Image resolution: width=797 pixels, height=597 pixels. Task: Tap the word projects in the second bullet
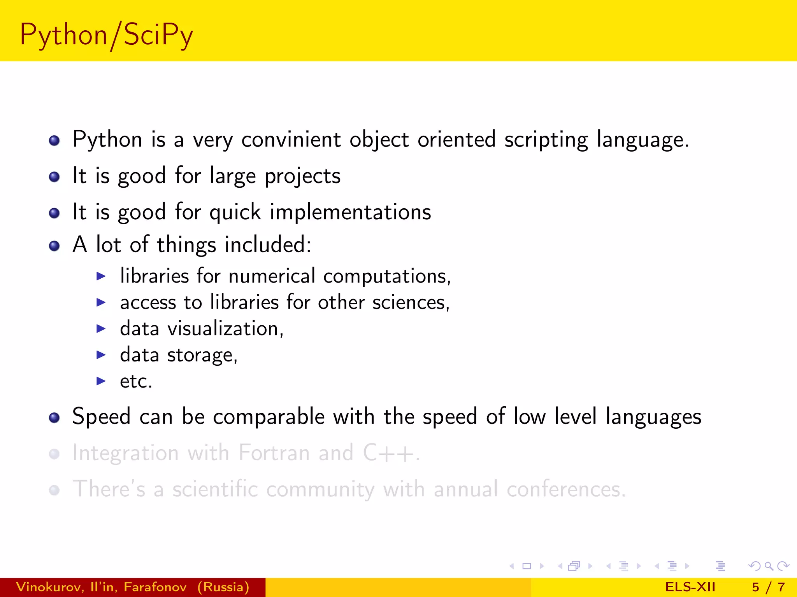(x=302, y=176)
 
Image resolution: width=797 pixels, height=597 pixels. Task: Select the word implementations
(x=350, y=212)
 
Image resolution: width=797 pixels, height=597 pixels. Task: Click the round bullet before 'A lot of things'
(x=54, y=246)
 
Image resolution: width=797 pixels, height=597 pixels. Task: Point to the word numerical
(x=272, y=276)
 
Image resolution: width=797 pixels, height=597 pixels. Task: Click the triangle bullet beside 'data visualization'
(x=101, y=329)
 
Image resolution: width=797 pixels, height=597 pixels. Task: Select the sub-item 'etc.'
(x=136, y=381)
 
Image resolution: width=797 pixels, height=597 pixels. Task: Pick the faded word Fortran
(x=274, y=453)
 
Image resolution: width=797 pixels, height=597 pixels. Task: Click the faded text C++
(x=389, y=453)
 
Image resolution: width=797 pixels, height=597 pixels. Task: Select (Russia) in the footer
(x=223, y=587)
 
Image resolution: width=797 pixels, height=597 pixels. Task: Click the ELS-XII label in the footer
(x=690, y=587)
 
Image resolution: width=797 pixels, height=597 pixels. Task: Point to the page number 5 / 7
(x=768, y=587)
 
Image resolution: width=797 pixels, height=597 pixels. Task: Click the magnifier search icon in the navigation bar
(x=769, y=566)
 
